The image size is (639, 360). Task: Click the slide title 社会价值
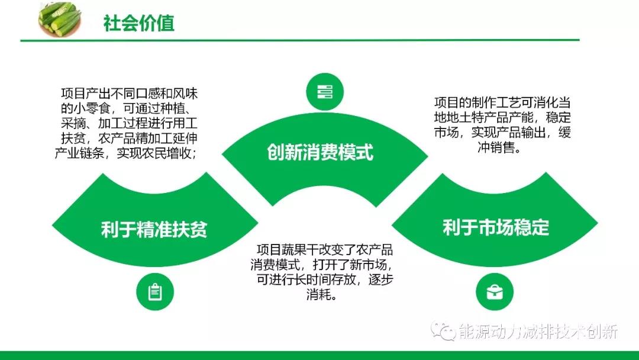pyautogui.click(x=138, y=23)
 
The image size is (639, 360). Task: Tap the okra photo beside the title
pyautogui.click(x=59, y=19)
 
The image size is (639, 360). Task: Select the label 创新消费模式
pyautogui.click(x=320, y=153)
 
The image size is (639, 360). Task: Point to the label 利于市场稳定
pyautogui.click(x=496, y=227)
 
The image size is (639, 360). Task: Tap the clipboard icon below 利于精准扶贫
pyautogui.click(x=155, y=291)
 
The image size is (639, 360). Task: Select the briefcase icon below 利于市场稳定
pyautogui.click(x=495, y=292)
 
